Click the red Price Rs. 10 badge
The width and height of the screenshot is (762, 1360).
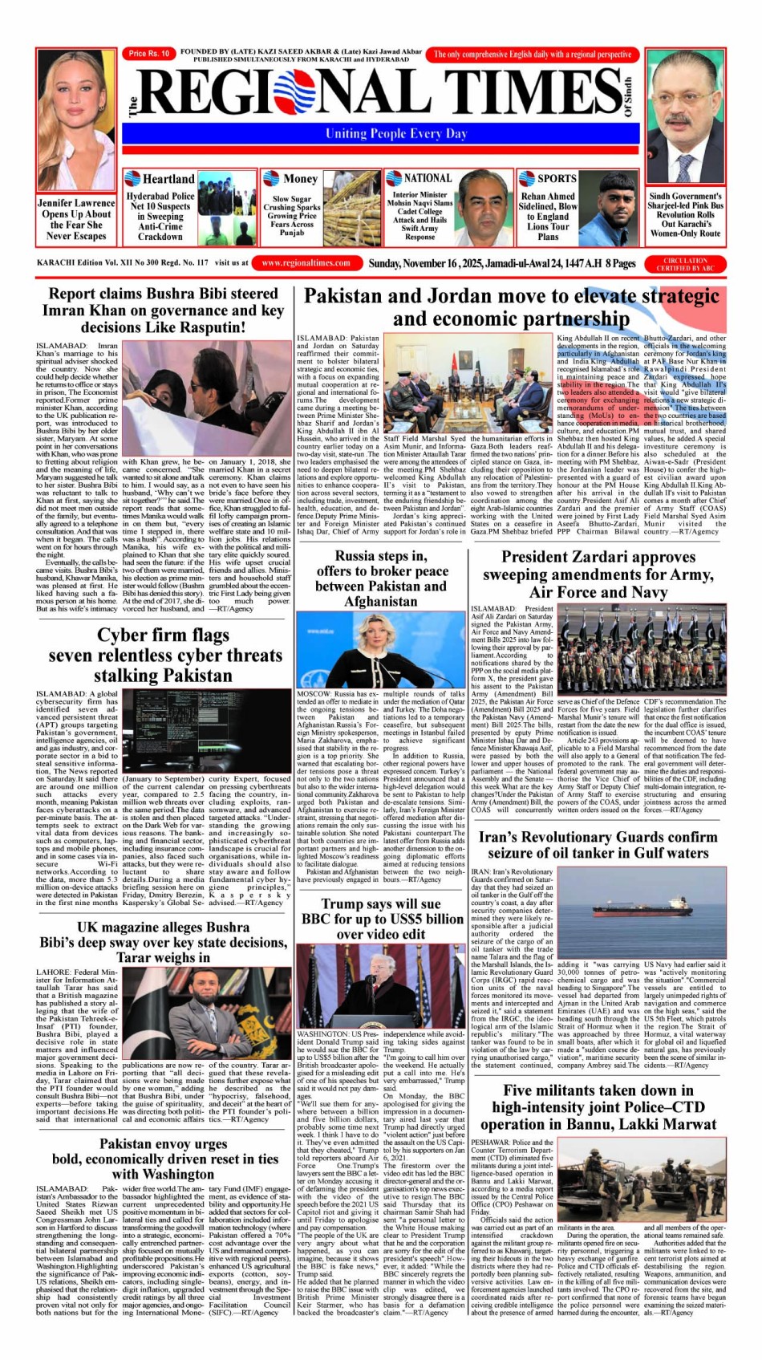149,54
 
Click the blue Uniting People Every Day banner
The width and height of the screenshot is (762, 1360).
395,134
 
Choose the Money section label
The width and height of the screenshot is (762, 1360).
300,179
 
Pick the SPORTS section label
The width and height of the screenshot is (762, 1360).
556,178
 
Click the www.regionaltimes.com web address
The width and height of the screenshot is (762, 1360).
306,262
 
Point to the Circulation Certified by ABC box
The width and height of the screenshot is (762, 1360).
685,264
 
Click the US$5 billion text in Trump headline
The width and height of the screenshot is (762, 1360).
423,919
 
